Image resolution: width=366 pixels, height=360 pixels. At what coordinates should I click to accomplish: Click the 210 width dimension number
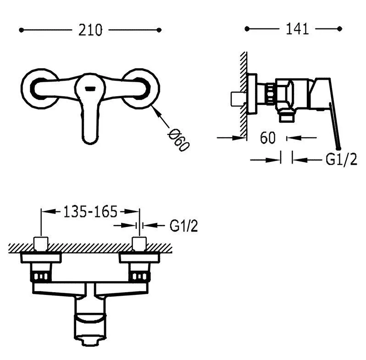pyautogui.click(x=90, y=30)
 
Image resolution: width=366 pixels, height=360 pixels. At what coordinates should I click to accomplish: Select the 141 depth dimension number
pyautogui.click(x=297, y=29)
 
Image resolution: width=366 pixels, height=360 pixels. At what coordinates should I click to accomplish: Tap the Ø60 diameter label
pyautogui.click(x=179, y=140)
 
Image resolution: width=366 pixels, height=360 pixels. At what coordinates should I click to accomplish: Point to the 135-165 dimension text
pyautogui.click(x=90, y=211)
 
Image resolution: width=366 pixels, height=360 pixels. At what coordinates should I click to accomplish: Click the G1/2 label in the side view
pyautogui.click(x=341, y=160)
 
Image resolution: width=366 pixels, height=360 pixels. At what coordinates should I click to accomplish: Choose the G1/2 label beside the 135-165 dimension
pyautogui.click(x=184, y=226)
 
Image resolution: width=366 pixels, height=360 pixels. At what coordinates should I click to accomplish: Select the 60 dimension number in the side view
pyautogui.click(x=268, y=138)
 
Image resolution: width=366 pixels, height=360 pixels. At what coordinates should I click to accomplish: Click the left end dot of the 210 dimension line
pyautogui.click(x=21, y=30)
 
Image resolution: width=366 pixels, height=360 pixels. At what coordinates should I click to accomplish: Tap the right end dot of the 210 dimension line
pyautogui.click(x=159, y=30)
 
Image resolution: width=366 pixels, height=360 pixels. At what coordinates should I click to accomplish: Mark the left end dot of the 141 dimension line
pyautogui.click(x=247, y=29)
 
